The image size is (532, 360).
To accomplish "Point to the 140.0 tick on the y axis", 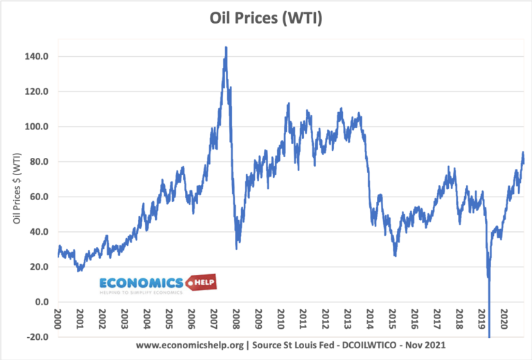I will point(35,57).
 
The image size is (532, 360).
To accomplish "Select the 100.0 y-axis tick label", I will point(35,127).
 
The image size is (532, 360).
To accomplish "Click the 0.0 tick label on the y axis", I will point(39,303).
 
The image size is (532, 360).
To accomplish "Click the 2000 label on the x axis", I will point(57,320).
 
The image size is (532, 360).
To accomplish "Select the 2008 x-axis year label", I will point(236,320).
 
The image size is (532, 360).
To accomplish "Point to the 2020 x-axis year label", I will point(503,320).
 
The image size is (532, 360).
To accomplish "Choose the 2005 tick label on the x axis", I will point(169,320).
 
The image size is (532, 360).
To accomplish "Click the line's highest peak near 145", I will point(226,48).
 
